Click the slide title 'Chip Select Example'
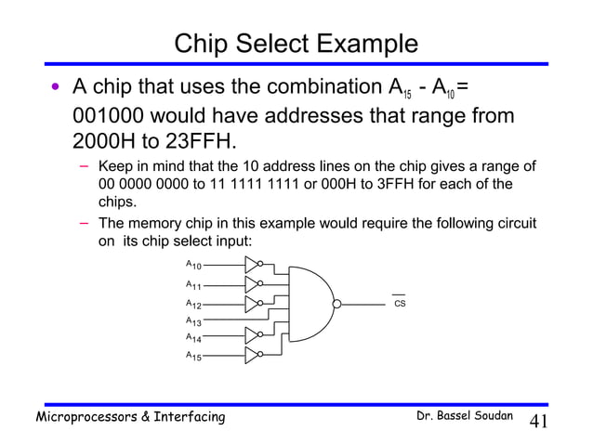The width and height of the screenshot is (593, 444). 296,44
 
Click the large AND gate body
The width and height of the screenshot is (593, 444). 311,302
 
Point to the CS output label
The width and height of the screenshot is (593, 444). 401,303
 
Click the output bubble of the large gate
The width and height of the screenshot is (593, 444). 337,303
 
